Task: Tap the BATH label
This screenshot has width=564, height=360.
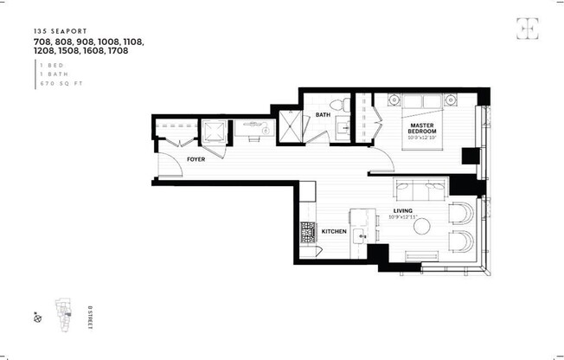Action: point(323,114)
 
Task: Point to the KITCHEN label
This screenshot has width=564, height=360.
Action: point(335,232)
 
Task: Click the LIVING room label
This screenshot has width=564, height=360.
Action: point(403,210)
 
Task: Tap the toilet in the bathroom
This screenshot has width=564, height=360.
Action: point(345,106)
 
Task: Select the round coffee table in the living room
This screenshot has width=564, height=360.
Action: point(422,226)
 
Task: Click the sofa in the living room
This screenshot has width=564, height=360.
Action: point(420,190)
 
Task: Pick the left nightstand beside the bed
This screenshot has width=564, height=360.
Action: point(389,100)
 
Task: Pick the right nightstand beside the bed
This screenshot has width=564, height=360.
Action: point(450,100)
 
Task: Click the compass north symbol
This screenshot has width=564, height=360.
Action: point(37,318)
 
